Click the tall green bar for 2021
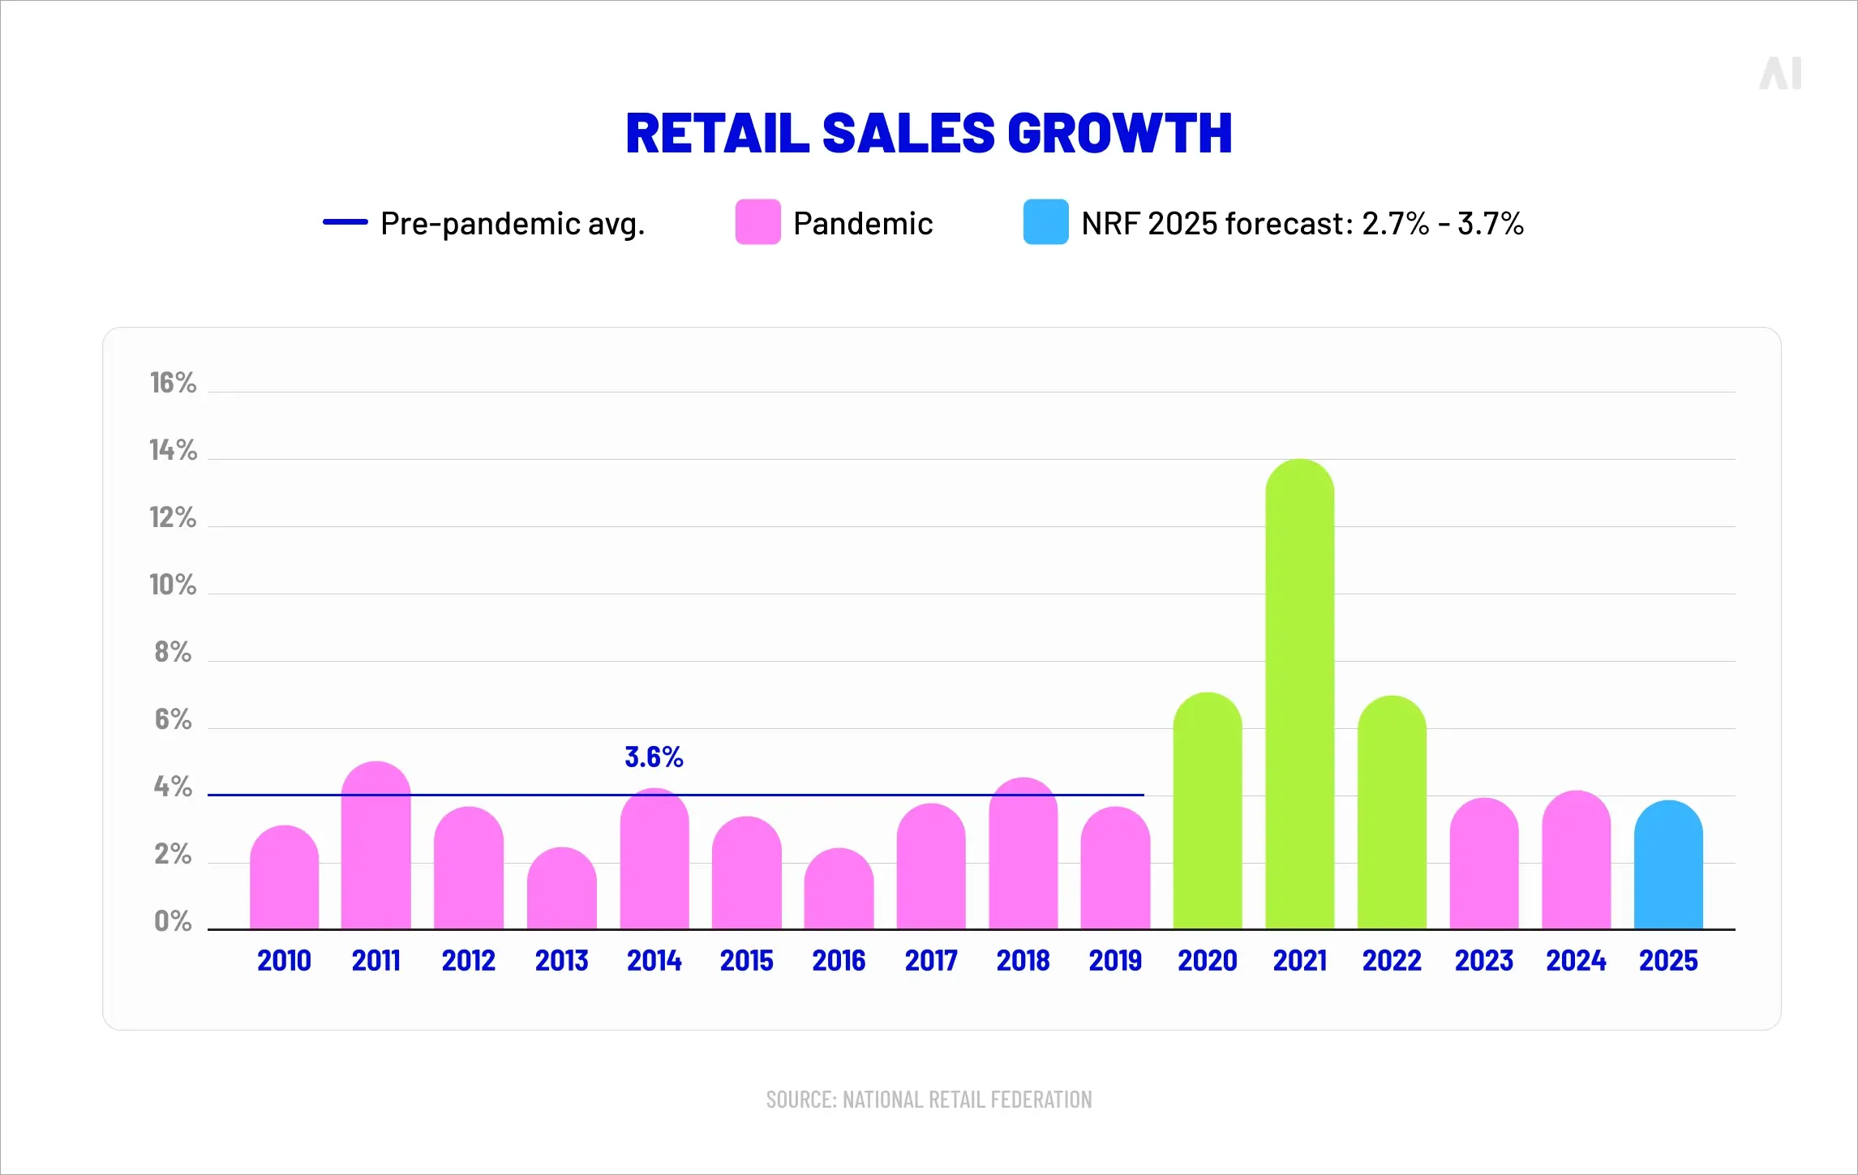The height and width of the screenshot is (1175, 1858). (1299, 697)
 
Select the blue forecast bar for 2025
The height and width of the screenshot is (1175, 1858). (1668, 868)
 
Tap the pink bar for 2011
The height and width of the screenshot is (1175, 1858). (375, 847)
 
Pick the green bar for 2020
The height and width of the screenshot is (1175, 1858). (1207, 811)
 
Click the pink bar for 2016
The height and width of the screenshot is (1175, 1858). (839, 890)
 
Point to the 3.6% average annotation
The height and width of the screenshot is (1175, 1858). (654, 757)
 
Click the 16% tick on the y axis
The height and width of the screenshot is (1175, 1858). (173, 383)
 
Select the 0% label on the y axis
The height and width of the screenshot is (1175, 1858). (173, 921)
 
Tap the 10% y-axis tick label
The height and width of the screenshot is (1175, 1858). (173, 585)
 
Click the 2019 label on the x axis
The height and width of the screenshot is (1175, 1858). (1115, 961)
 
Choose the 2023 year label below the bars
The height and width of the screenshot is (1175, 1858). (1483, 961)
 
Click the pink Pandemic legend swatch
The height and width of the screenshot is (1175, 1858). (757, 222)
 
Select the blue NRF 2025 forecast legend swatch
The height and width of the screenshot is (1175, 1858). (1045, 222)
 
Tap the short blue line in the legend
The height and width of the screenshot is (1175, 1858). (345, 222)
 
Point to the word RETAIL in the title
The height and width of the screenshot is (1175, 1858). (717, 134)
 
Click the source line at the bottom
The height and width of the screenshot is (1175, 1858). (929, 1100)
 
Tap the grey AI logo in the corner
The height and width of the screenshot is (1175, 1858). (1780, 74)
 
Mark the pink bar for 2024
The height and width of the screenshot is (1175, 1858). (1576, 861)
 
